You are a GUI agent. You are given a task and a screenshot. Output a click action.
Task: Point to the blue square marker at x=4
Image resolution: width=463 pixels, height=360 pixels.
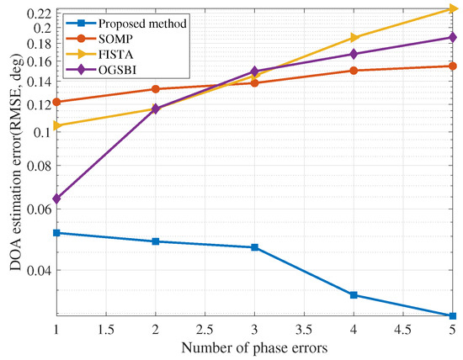click(354, 295)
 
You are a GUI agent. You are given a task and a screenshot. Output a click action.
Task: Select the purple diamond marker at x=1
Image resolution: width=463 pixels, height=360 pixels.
click(56, 199)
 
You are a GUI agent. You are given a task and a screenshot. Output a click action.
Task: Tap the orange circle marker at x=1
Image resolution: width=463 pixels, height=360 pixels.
click(56, 102)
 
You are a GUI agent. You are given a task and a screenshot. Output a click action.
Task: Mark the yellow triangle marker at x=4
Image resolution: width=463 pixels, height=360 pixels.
click(354, 38)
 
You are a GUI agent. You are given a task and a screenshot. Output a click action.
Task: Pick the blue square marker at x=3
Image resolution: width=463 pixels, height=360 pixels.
click(254, 247)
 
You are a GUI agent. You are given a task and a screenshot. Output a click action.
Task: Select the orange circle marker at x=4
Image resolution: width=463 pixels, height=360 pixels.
click(354, 71)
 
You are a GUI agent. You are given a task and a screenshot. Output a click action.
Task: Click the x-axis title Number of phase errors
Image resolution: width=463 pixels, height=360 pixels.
click(254, 347)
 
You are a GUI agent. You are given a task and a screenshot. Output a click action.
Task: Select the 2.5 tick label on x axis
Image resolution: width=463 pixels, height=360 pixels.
click(205, 330)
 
